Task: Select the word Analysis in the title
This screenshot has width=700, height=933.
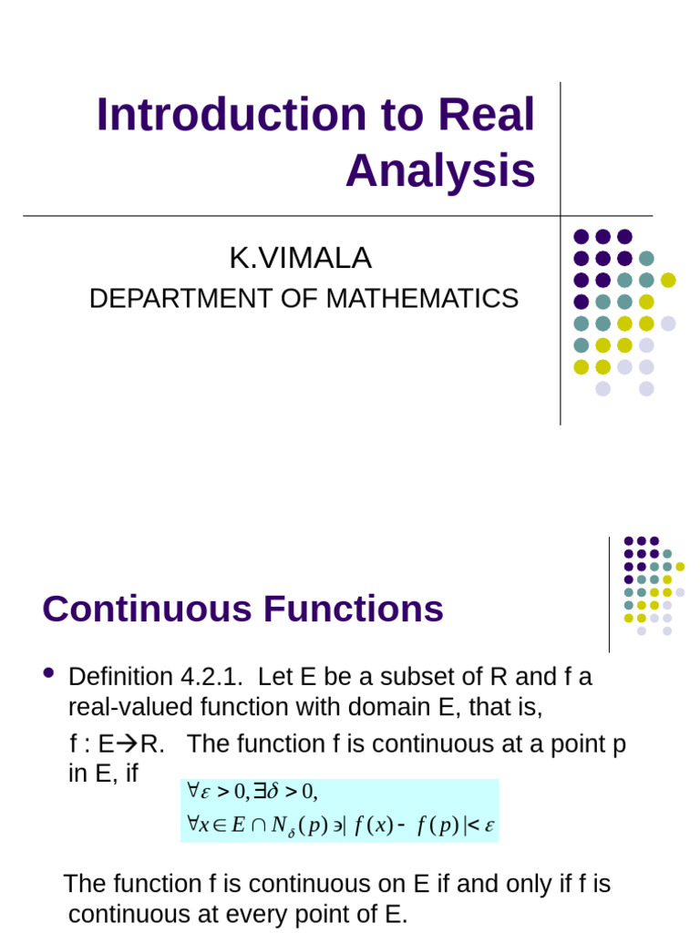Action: tap(440, 169)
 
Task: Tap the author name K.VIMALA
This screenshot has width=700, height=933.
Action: tap(301, 259)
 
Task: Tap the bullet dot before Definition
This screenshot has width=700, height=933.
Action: tap(49, 674)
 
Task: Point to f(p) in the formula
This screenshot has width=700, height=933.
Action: tap(432, 825)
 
